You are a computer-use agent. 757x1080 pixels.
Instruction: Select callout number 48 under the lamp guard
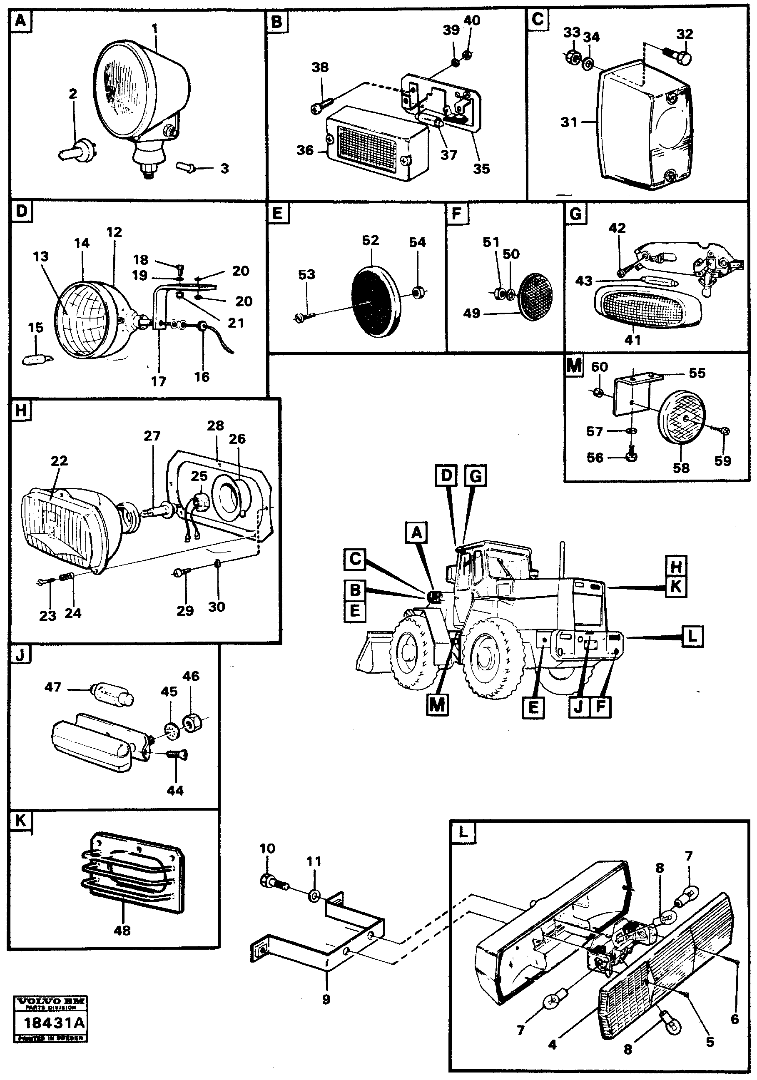click(122, 930)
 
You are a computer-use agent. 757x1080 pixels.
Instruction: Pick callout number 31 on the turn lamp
click(569, 122)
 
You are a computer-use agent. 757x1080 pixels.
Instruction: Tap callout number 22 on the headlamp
click(59, 460)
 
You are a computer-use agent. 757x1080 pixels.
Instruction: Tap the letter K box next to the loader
click(676, 587)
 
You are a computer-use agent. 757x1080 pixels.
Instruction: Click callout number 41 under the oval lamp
click(632, 339)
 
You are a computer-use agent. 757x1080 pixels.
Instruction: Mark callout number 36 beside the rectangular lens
click(305, 151)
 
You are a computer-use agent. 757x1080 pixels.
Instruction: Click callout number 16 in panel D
click(202, 377)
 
